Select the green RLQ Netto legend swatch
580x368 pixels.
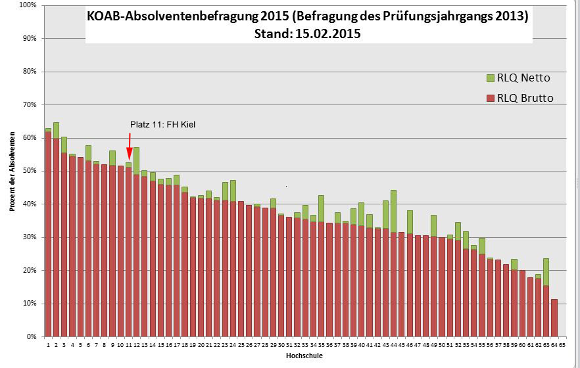click(x=490, y=78)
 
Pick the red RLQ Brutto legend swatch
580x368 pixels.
click(x=490, y=99)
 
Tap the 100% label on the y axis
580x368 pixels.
click(x=28, y=5)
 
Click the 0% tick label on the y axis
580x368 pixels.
click(x=31, y=337)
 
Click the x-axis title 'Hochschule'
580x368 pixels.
click(x=304, y=356)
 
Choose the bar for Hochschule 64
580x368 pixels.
click(x=554, y=318)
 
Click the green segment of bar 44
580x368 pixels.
click(x=393, y=211)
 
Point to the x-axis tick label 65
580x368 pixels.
click(x=562, y=344)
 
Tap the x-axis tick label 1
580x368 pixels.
click(x=48, y=344)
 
